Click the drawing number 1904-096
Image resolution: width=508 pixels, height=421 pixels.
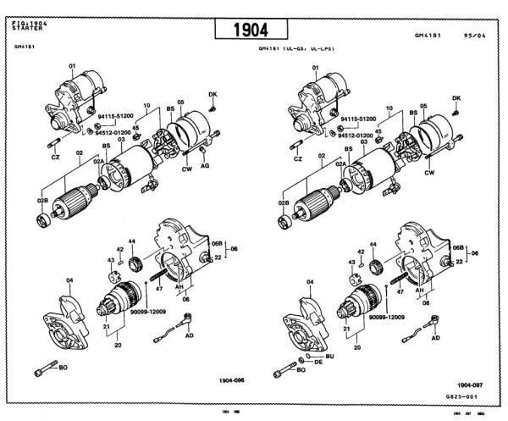(230, 380)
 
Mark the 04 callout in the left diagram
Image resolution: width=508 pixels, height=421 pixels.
(70, 280)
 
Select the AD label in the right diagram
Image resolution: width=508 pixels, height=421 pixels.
(435, 337)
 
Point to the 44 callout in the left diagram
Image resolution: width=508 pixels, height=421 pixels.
(132, 241)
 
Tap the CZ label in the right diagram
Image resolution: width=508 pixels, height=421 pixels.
(298, 158)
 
